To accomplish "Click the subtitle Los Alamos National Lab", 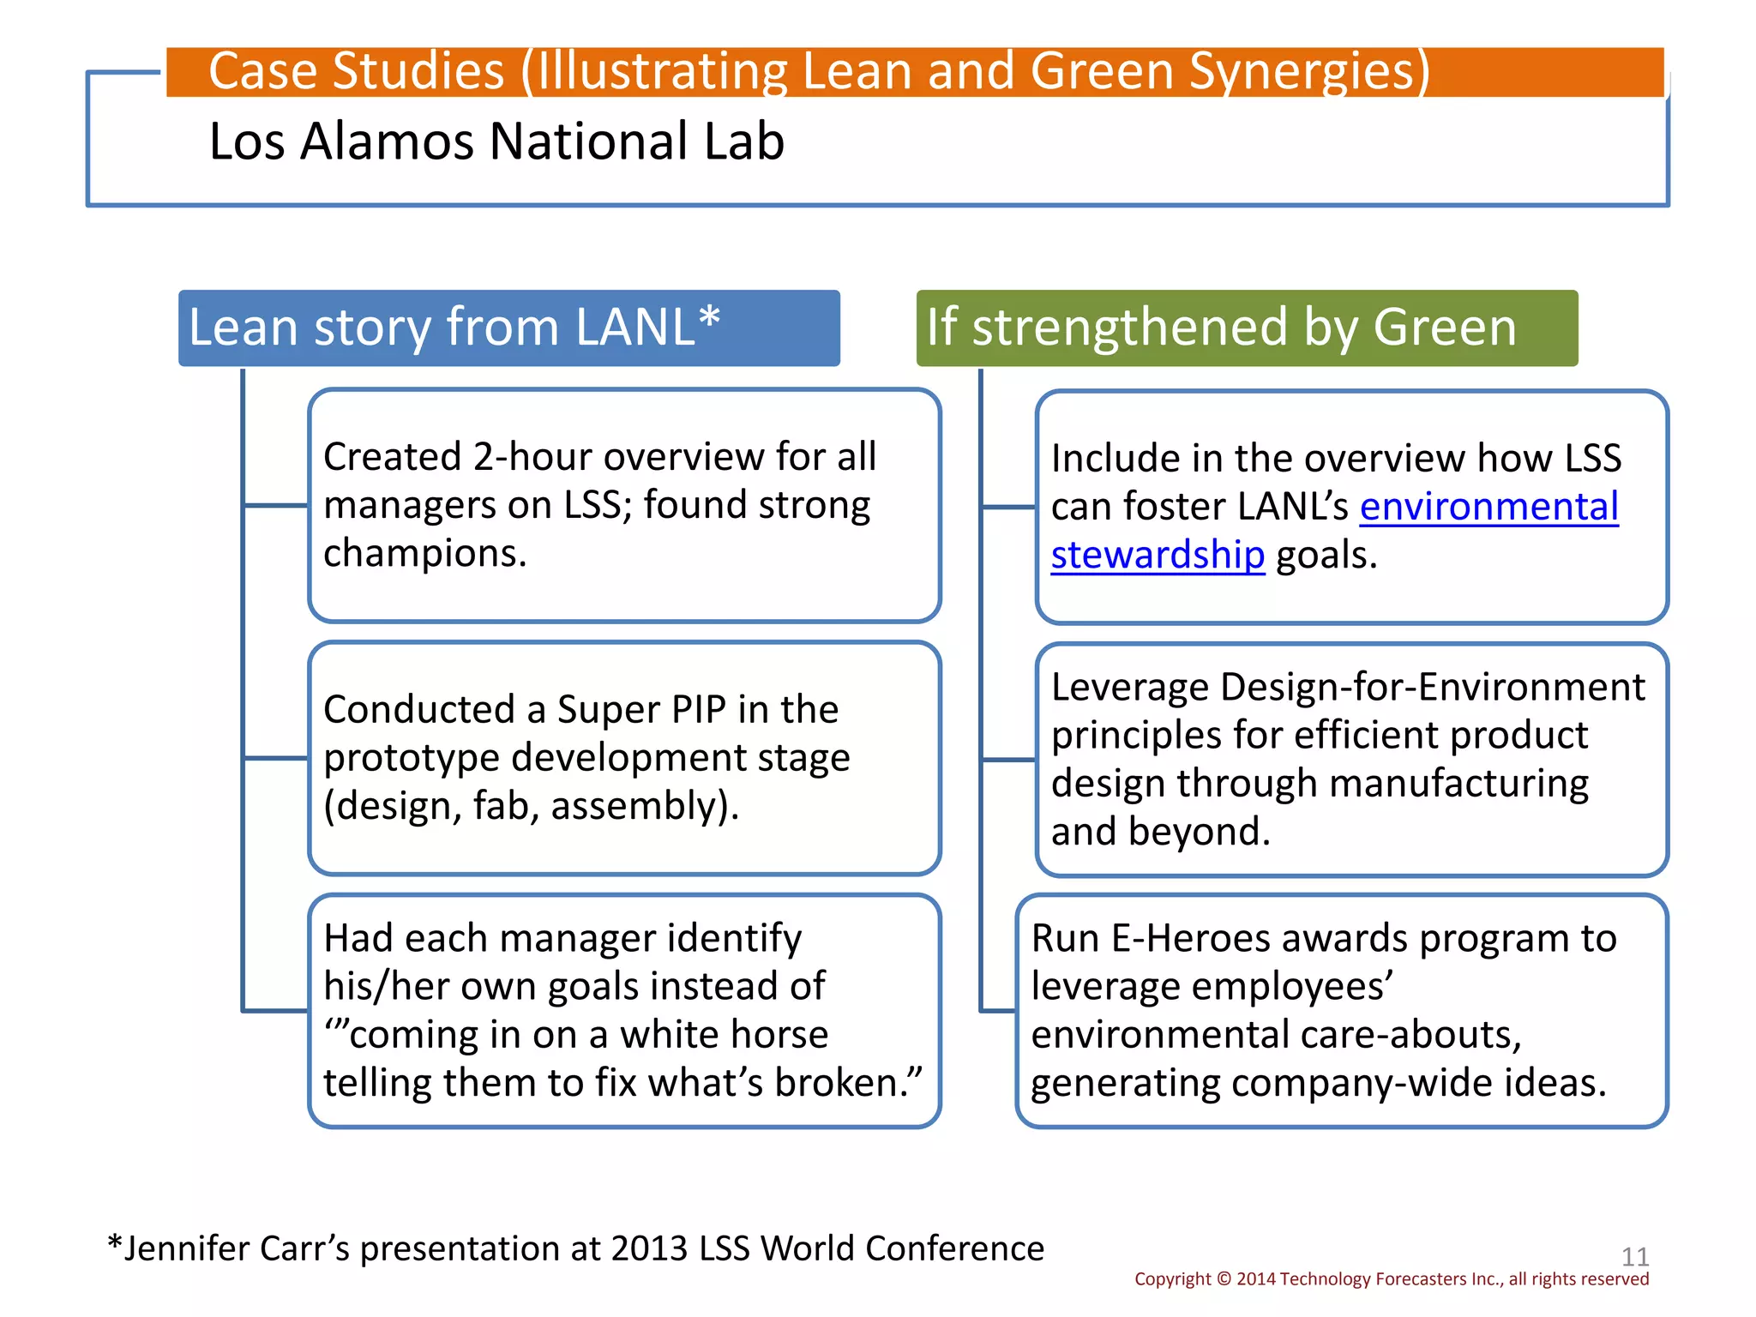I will [496, 141].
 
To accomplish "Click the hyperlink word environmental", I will [1489, 507].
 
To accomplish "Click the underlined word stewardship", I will [1158, 556].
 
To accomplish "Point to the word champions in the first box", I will [424, 554].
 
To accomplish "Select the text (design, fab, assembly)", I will [531, 806].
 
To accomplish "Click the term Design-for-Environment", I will [1433, 688].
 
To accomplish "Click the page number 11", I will [1635, 1257].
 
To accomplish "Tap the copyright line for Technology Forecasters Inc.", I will [1391, 1279].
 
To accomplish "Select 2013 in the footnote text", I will [649, 1249].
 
